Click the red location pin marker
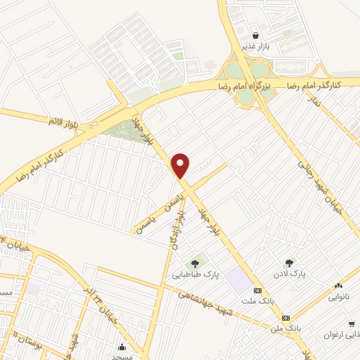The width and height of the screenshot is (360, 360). [181, 165]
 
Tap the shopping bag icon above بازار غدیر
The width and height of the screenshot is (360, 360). [255, 35]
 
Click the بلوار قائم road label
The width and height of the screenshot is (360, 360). [65, 120]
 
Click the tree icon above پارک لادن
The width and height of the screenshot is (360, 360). [289, 264]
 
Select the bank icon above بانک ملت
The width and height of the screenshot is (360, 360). [257, 290]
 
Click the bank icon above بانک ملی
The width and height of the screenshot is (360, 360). [285, 318]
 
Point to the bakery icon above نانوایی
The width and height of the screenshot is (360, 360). [339, 285]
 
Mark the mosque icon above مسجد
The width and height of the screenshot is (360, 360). [122, 346]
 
